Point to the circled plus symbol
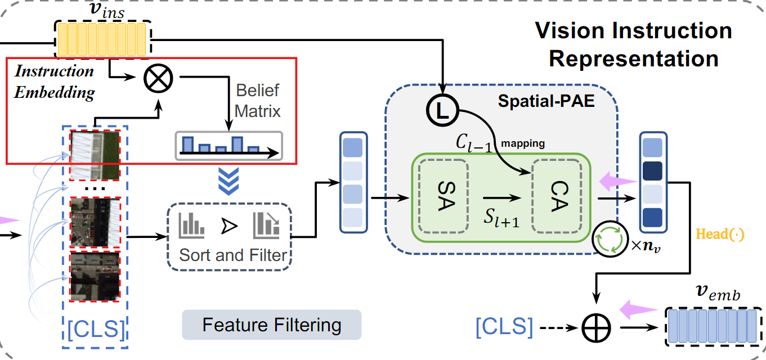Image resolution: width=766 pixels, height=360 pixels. [595, 326]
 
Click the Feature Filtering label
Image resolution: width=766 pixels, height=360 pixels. [271, 325]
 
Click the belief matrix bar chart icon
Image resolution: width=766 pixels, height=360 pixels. [229, 146]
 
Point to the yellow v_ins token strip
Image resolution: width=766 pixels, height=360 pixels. [102, 38]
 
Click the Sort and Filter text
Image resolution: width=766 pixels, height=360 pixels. [232, 255]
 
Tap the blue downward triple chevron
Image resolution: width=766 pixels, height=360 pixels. [229, 181]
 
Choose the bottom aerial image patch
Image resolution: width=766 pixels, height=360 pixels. [95, 275]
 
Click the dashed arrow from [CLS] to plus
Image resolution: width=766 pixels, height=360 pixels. [559, 326]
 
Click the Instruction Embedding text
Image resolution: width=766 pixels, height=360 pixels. [54, 82]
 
